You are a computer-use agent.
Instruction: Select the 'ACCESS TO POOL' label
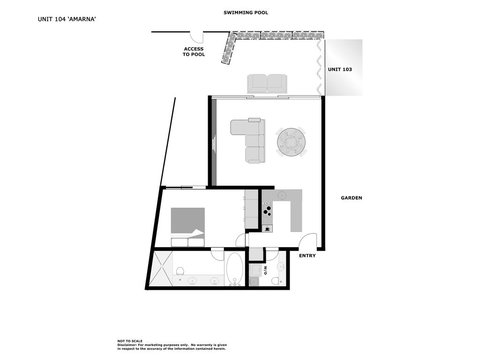pyautogui.click(x=193, y=52)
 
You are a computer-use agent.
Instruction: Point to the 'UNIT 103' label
pyautogui.click(x=340, y=70)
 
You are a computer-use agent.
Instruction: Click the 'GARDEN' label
pyautogui.click(x=351, y=198)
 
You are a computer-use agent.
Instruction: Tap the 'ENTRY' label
pyautogui.click(x=308, y=255)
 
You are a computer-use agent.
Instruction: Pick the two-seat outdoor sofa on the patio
pyautogui.click(x=267, y=84)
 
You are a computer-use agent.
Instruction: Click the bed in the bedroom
pyautogui.click(x=187, y=221)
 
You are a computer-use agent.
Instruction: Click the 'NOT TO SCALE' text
pyautogui.click(x=130, y=341)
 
